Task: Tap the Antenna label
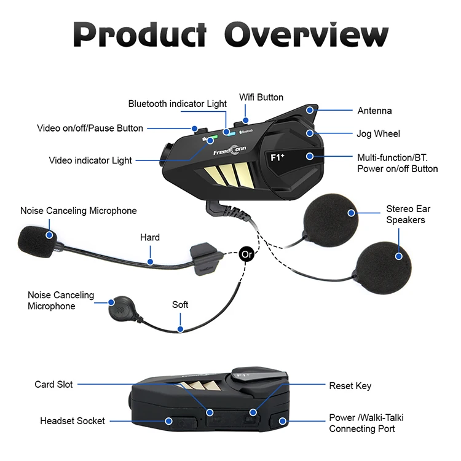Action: point(374,111)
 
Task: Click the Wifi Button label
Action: point(261,97)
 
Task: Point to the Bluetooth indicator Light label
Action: point(177,104)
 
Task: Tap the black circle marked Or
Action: point(246,253)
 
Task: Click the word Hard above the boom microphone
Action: point(149,237)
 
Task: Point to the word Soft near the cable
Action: point(180,305)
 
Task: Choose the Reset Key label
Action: point(350,386)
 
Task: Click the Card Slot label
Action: point(53,385)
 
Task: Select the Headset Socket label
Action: point(73,421)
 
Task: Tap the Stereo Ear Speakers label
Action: point(405,215)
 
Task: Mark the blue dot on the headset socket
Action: point(170,421)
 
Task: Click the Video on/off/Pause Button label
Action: point(90,128)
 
